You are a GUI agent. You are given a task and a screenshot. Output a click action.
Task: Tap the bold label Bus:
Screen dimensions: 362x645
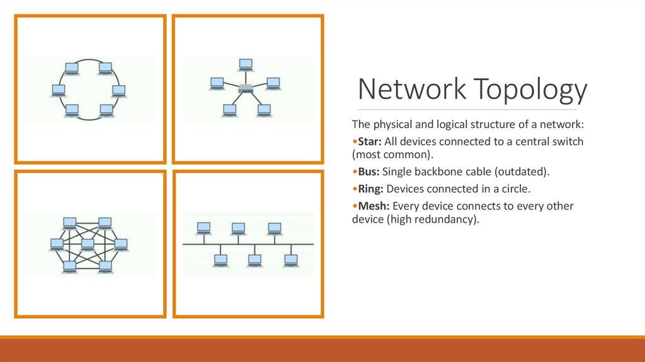point(368,172)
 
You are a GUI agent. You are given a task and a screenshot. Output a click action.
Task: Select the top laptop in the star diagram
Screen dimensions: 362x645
point(246,64)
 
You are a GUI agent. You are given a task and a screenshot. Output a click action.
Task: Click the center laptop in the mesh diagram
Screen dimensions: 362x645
point(88,243)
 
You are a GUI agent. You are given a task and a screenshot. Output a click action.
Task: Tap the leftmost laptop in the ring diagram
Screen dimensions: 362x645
point(58,90)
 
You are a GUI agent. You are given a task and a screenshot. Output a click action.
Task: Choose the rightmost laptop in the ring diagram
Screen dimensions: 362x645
point(118,90)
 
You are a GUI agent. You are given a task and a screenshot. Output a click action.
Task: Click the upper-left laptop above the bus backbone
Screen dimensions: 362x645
point(203,228)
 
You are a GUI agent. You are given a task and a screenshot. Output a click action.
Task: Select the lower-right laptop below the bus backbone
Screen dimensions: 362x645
point(290,259)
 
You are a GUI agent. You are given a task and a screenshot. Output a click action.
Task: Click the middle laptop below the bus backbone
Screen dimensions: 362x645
point(255,259)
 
